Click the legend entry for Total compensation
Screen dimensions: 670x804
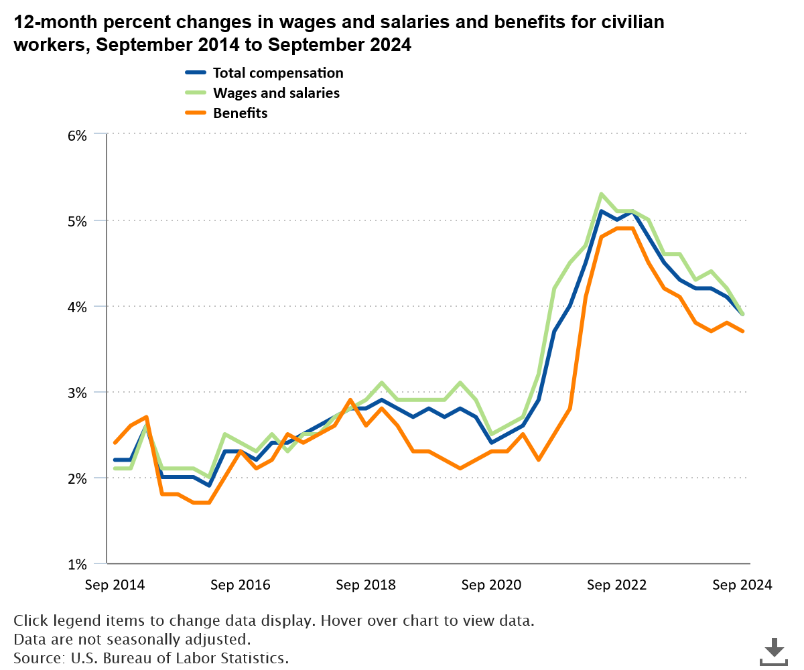click(277, 73)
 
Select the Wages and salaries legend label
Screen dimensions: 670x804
click(275, 93)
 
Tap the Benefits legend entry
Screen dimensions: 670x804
click(240, 113)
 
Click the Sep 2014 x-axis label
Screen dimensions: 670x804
click(115, 585)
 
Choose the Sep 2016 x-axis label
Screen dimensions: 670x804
click(240, 585)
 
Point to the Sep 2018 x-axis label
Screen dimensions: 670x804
click(366, 585)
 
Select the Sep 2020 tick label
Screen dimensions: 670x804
click(491, 585)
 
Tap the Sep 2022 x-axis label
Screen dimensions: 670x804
click(616, 585)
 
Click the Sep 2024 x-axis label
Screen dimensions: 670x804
click(742, 585)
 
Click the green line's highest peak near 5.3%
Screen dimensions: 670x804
click(602, 194)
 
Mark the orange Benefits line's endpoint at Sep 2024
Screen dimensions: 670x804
click(742, 331)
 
